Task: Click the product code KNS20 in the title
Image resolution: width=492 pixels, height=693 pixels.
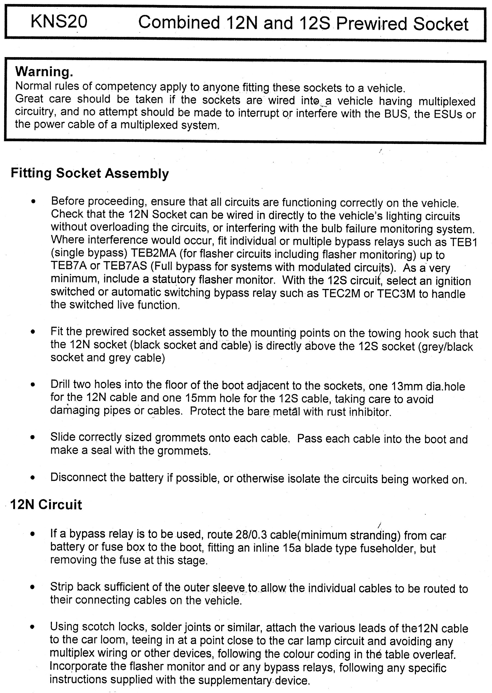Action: [x=59, y=22]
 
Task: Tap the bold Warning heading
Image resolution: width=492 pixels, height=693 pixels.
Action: [x=44, y=72]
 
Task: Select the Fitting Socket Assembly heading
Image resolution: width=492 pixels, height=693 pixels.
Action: [x=90, y=173]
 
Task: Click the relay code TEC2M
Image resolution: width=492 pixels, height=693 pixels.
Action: [x=341, y=294]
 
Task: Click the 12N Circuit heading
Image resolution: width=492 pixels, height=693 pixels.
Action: [x=46, y=505]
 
